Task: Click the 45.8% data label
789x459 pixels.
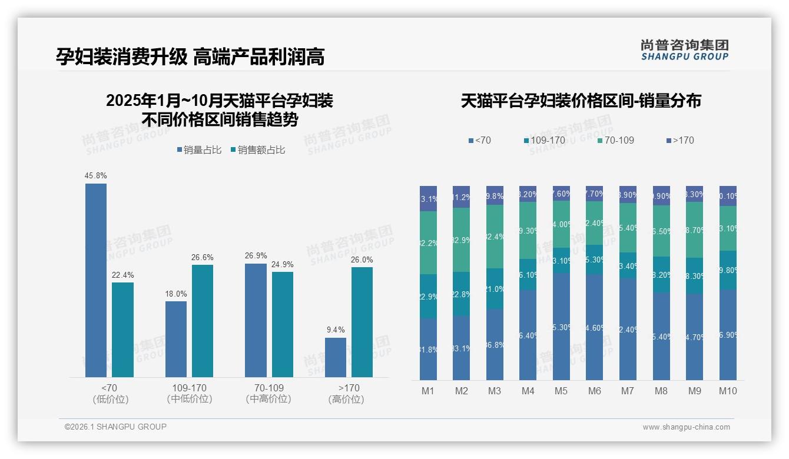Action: (96, 175)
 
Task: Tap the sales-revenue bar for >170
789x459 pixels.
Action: (362, 322)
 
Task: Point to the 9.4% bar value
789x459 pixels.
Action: (336, 330)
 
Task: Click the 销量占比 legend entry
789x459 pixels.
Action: (198, 150)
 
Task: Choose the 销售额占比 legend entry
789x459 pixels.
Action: (257, 150)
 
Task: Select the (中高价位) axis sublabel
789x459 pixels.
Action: (268, 399)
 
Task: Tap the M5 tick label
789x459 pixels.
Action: (561, 391)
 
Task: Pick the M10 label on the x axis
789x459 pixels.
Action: (728, 391)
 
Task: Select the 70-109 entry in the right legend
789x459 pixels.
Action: (615, 140)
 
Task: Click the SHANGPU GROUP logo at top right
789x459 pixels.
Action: (684, 50)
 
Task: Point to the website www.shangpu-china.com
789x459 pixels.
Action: (686, 427)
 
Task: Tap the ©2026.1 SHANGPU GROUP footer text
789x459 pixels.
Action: (115, 427)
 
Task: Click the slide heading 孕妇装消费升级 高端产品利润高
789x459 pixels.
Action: (190, 56)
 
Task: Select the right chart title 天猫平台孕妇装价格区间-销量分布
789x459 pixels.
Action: (581, 101)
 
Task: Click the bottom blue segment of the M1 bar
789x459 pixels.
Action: (428, 349)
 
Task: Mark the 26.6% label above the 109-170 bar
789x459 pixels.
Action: (202, 257)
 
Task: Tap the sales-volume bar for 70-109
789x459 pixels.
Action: (256, 320)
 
